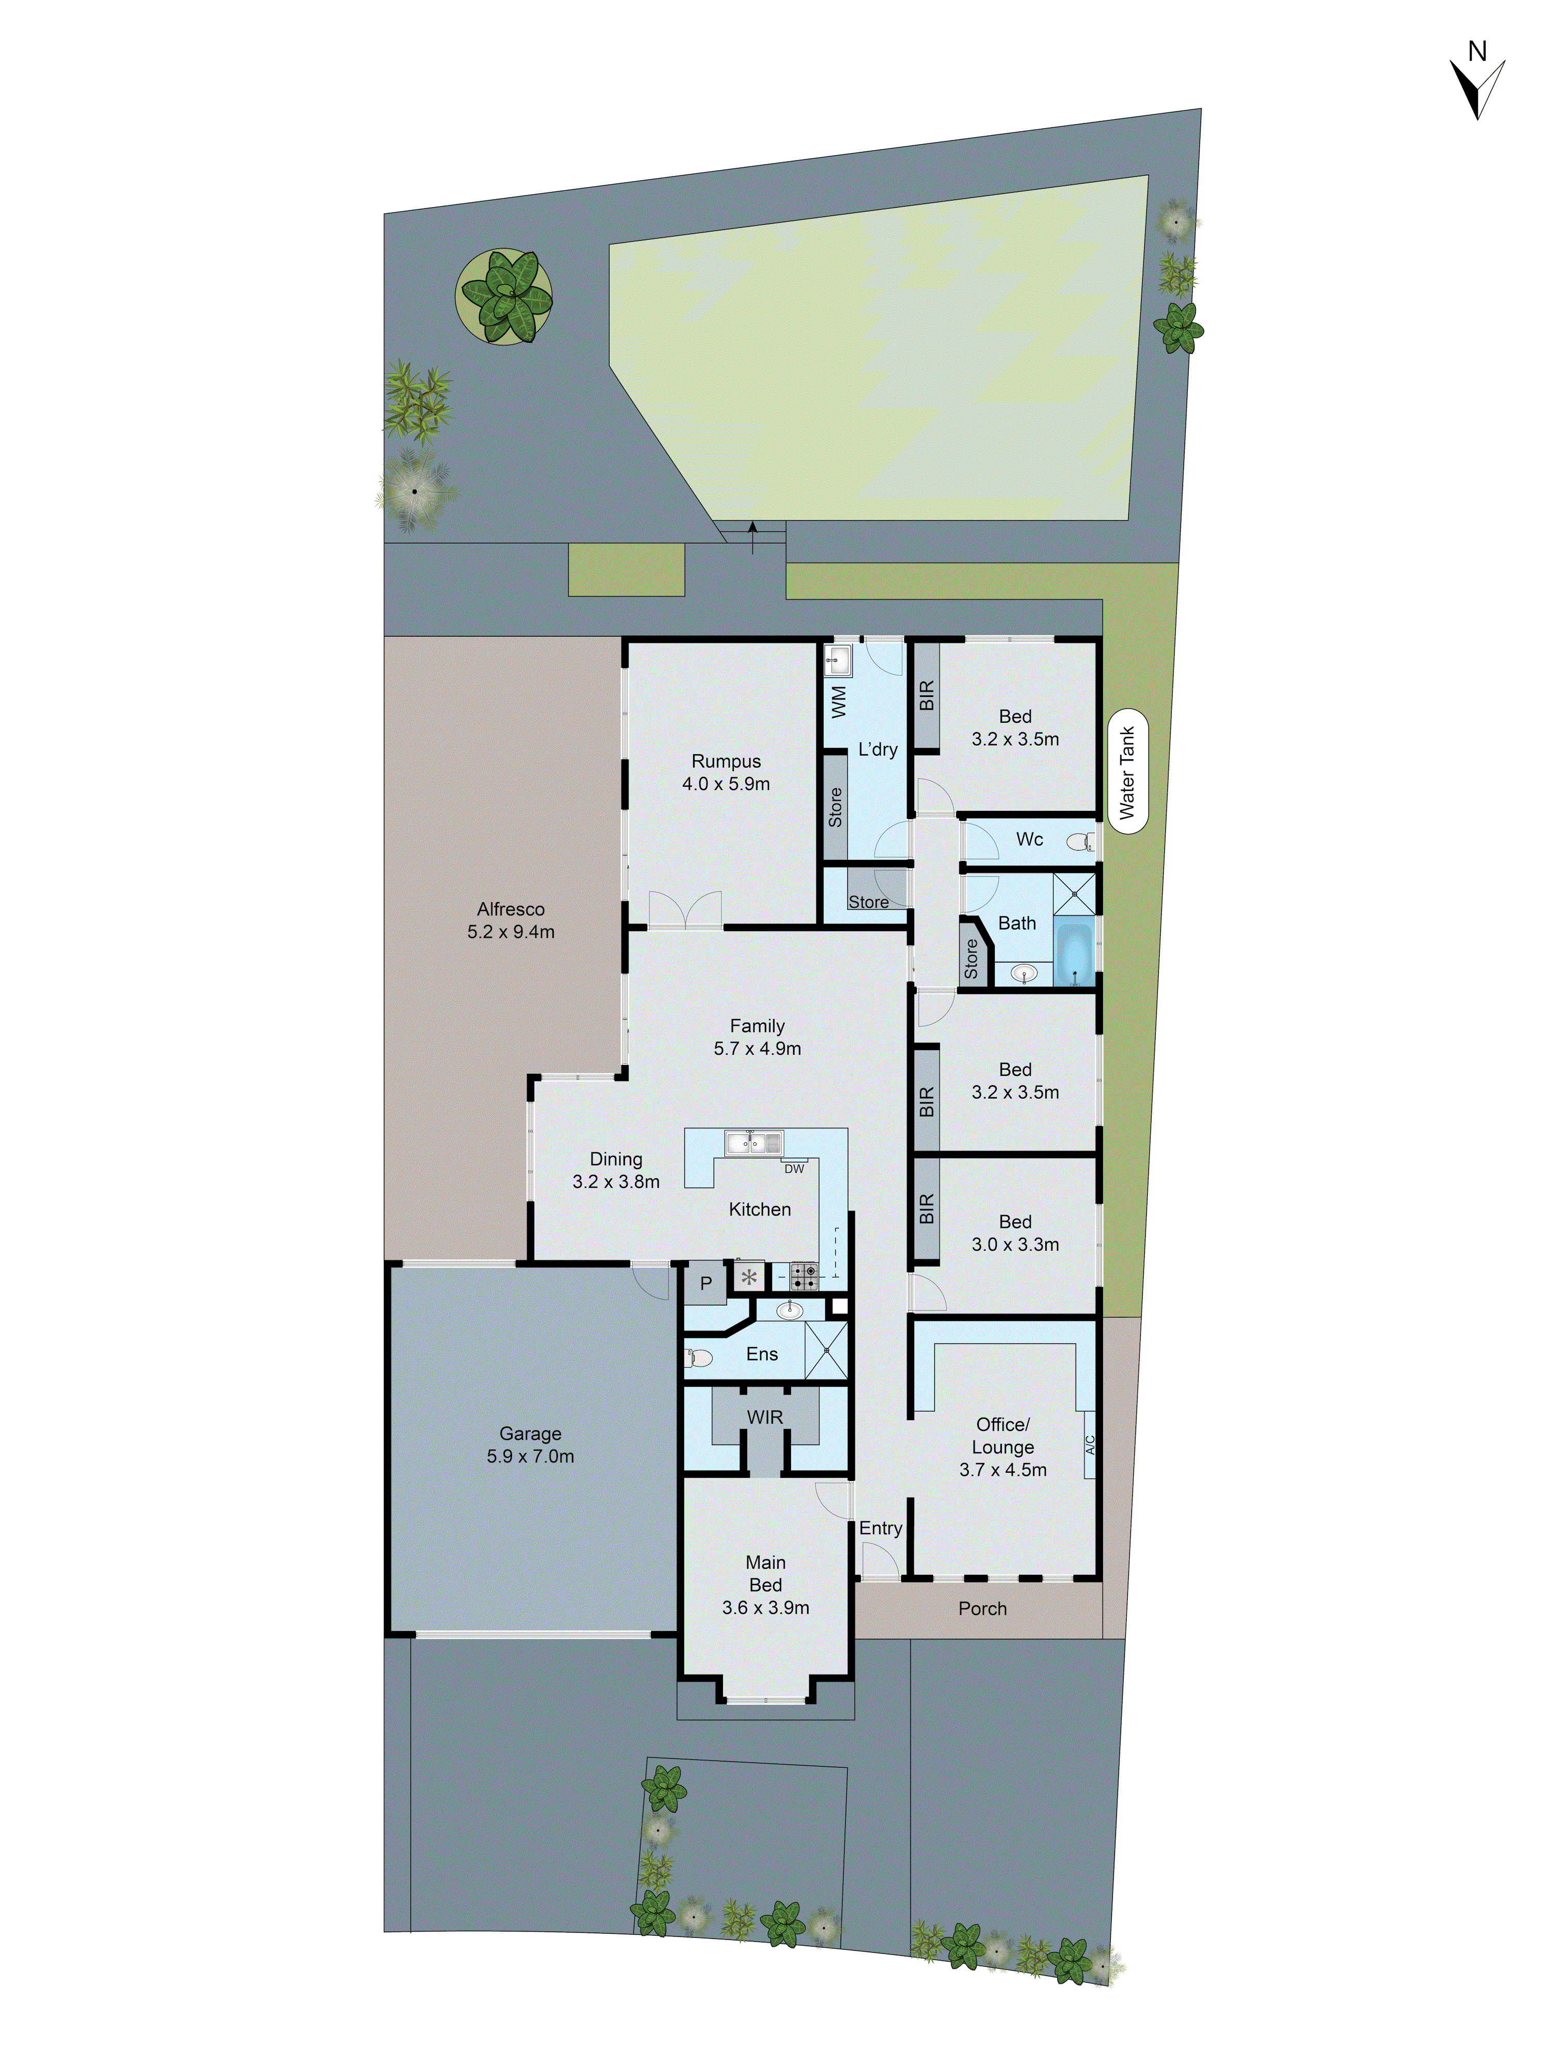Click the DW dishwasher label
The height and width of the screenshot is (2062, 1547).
794,1168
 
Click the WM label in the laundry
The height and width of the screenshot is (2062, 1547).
838,701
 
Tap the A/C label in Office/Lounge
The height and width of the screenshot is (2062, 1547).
1089,1444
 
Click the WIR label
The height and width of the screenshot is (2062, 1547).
765,1417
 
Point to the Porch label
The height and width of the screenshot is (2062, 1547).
982,1608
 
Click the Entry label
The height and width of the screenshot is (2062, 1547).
880,1528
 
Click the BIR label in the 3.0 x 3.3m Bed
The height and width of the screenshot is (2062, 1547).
926,1209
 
